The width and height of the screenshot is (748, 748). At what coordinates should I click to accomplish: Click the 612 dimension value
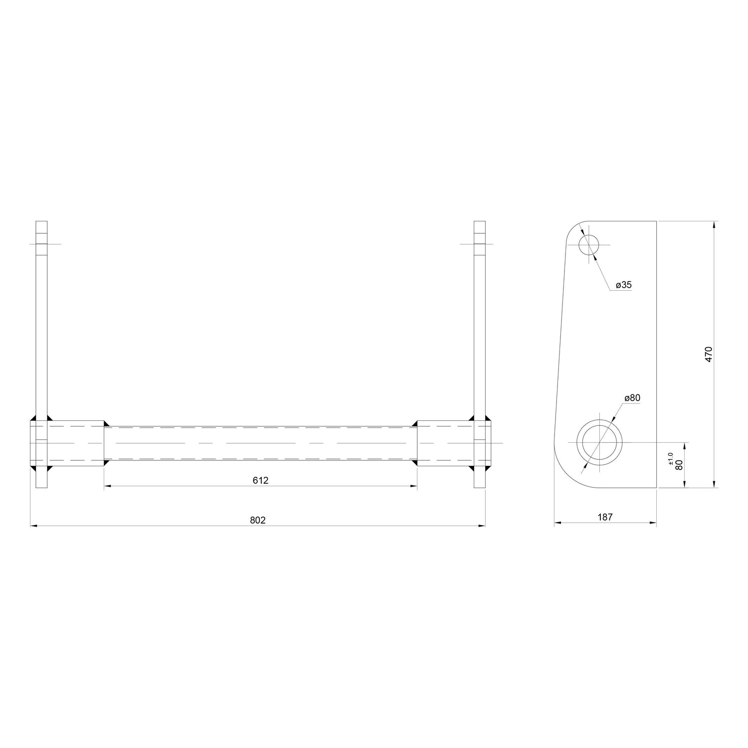[260, 480]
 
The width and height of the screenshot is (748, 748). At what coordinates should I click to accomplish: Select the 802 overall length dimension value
[258, 520]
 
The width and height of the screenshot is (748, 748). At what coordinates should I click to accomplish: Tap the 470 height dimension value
[709, 354]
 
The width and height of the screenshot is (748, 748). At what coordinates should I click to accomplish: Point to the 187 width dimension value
[605, 517]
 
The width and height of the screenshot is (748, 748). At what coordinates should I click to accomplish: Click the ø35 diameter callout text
[623, 285]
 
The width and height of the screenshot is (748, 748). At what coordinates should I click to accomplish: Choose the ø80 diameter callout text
[632, 398]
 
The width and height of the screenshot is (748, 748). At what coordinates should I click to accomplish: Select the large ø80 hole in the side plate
[599, 442]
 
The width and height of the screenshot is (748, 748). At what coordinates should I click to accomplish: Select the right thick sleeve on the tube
[445, 443]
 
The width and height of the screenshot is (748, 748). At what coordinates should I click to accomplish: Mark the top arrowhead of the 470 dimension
[715, 224]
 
